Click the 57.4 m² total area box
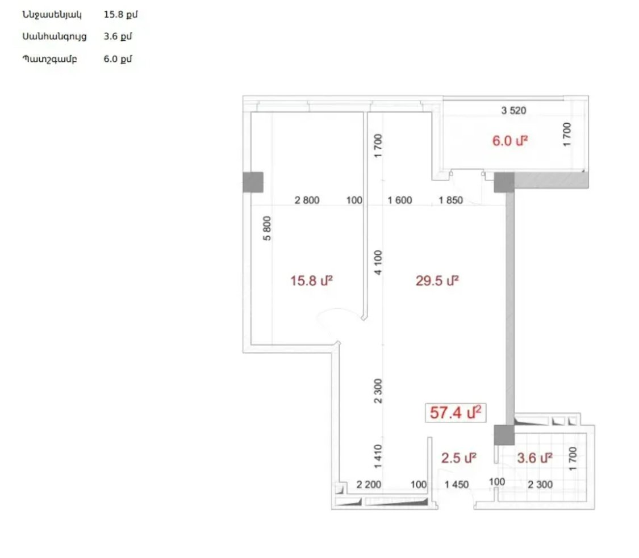[x=456, y=413]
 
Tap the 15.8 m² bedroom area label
[x=311, y=280]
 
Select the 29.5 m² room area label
[x=437, y=280]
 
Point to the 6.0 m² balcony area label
[x=510, y=141]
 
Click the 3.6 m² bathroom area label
[x=534, y=458]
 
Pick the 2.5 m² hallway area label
[x=459, y=458]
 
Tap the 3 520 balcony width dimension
[x=513, y=110]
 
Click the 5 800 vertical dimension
[x=266, y=229]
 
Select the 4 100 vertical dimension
[x=378, y=263]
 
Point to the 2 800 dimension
[x=307, y=200]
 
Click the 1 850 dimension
[x=451, y=200]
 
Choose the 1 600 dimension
[x=400, y=200]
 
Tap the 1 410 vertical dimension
[x=378, y=456]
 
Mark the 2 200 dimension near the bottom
[x=369, y=485]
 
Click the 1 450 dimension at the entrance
[x=457, y=485]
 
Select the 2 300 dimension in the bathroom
[x=540, y=485]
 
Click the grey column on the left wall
[x=253, y=182]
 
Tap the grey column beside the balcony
[x=504, y=182]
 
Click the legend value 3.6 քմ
[x=118, y=36]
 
